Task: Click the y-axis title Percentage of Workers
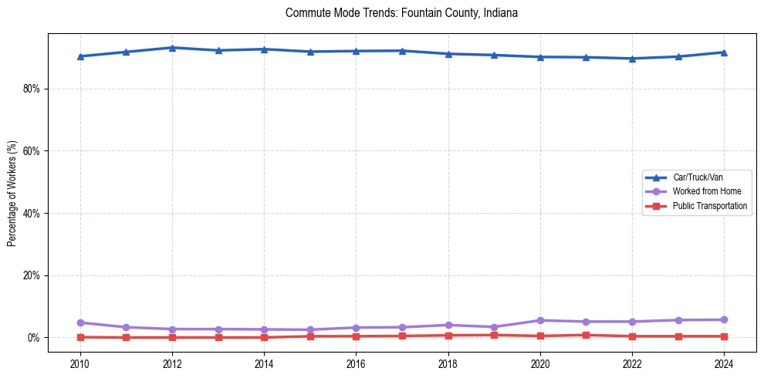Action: [12, 193]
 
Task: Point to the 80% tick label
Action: [32, 89]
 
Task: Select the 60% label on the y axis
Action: [32, 151]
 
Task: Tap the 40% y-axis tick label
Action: [32, 213]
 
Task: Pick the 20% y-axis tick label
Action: [32, 275]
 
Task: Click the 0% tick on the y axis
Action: [34, 338]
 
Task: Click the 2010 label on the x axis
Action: [80, 363]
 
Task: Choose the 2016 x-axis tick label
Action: [357, 363]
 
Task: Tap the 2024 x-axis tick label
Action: [725, 363]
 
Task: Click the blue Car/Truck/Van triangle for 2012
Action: [172, 48]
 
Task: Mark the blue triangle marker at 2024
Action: [725, 52]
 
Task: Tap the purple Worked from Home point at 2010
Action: [80, 322]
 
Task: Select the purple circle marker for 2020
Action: [540, 320]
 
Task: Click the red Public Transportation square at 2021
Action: [587, 335]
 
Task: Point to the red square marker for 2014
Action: [264, 337]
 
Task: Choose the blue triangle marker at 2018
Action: [448, 54]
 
